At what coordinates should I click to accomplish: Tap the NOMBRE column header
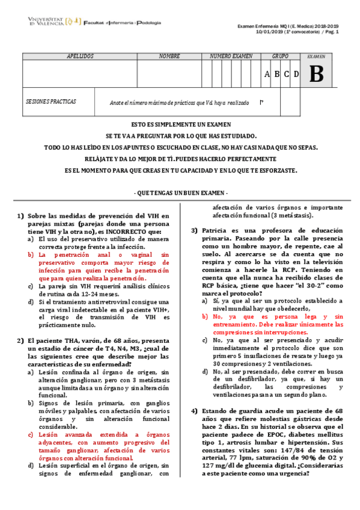click(169, 56)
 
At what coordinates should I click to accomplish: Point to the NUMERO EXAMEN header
click(231, 56)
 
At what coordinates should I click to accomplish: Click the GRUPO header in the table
click(280, 56)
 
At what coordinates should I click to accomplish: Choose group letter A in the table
click(267, 75)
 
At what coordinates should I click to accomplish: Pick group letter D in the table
click(296, 75)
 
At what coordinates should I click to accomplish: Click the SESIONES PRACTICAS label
click(51, 102)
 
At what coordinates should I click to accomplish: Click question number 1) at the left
click(20, 215)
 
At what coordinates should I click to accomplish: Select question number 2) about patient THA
click(20, 340)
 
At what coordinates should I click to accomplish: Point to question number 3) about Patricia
click(195, 230)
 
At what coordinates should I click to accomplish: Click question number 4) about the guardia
click(195, 411)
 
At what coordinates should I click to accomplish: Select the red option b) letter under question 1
click(31, 254)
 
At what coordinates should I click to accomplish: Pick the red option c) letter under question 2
click(31, 434)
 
